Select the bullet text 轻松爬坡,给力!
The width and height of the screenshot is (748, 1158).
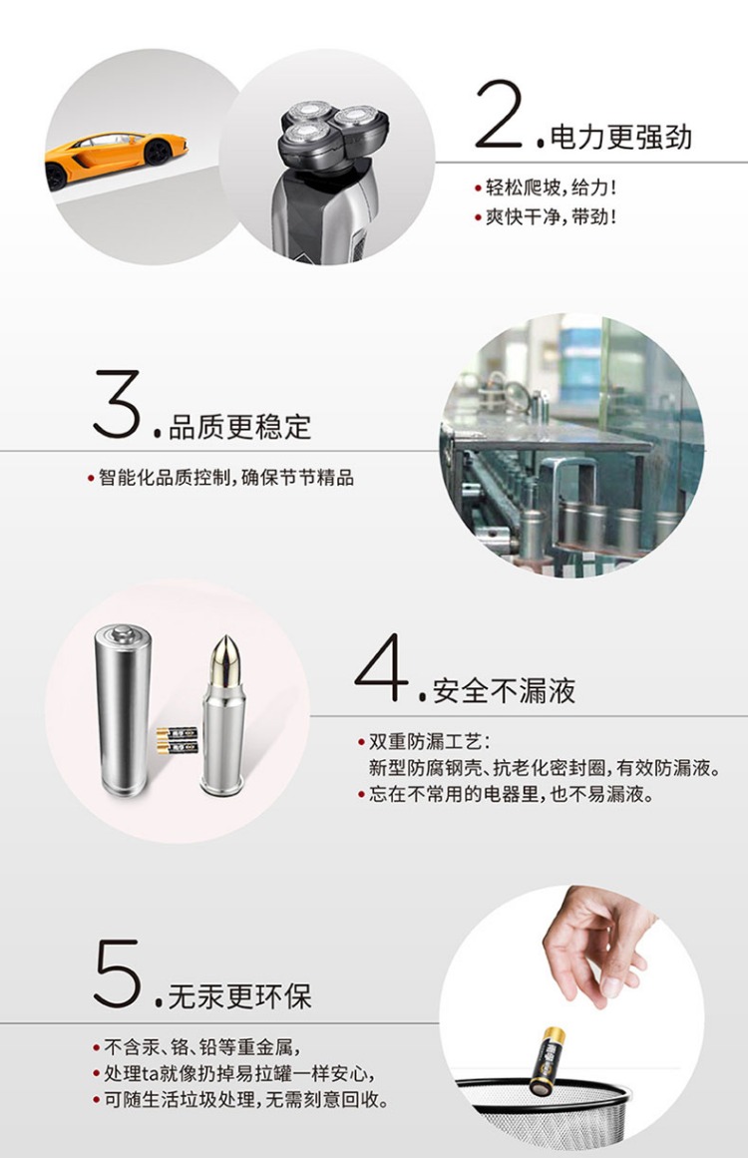[551, 188]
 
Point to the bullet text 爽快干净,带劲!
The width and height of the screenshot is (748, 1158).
[551, 217]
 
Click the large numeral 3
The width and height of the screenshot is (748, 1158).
[118, 404]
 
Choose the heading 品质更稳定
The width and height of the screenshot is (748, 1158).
[240, 427]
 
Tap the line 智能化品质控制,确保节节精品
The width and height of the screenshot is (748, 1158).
[226, 478]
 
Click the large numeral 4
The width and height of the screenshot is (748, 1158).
[382, 667]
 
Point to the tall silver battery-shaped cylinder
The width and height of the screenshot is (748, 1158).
[123, 709]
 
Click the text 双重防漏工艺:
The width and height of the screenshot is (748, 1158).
[429, 741]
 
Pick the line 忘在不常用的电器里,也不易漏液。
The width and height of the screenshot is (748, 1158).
[512, 795]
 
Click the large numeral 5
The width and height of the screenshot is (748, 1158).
[118, 972]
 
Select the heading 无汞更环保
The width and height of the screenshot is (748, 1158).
[240, 996]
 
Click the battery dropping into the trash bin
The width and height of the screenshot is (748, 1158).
[548, 1061]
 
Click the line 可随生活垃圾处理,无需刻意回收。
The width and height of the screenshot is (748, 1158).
[246, 1100]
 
